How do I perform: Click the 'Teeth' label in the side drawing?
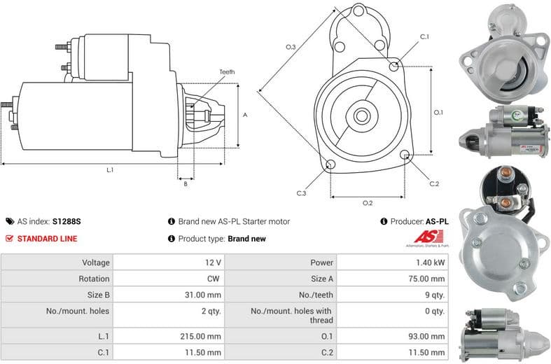(x=227, y=72)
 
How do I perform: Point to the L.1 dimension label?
(x=110, y=169)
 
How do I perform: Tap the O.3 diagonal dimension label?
(x=291, y=47)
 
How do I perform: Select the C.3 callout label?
(x=301, y=193)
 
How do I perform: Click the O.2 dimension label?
(x=368, y=203)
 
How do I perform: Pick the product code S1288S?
(x=67, y=221)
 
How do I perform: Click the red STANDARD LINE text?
(x=47, y=238)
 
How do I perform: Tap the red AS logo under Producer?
(x=425, y=237)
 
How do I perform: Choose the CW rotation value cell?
(x=214, y=279)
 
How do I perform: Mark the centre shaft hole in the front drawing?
(x=362, y=114)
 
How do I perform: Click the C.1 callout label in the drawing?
(x=424, y=36)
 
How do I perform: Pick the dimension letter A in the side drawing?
(x=244, y=115)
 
